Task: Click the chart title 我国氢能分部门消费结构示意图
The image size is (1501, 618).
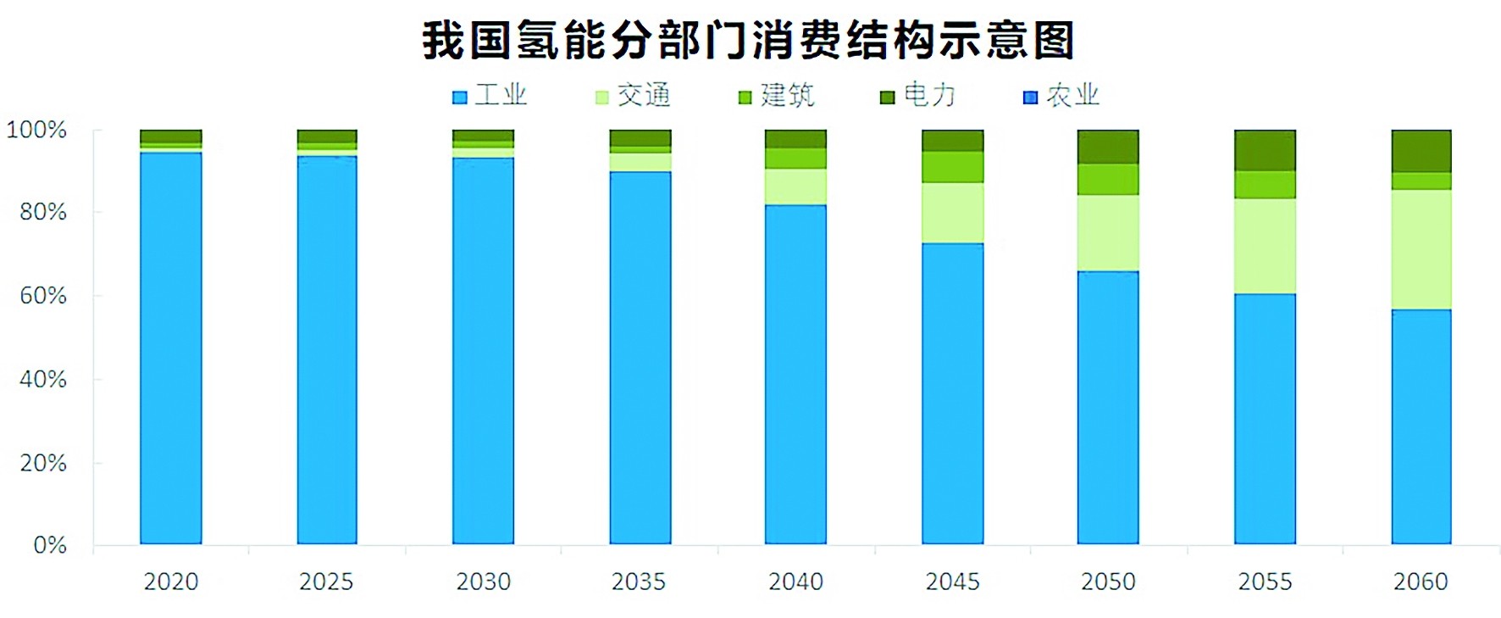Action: point(749,40)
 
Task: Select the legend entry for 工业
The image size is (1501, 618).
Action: point(490,95)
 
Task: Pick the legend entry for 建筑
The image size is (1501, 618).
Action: point(777,95)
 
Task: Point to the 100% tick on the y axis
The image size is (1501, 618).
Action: point(36,130)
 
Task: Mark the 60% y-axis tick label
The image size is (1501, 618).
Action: point(43,295)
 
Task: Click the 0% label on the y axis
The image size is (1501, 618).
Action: point(49,544)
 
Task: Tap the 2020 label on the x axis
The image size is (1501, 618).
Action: point(171,582)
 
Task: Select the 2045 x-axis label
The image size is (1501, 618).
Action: point(953,582)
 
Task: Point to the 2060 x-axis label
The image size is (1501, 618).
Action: point(1421,582)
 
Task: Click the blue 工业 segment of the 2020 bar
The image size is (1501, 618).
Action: point(171,348)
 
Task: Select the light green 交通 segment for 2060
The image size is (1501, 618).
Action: point(1421,249)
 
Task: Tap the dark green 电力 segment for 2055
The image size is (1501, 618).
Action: point(1265,150)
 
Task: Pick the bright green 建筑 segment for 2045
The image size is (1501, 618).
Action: point(953,167)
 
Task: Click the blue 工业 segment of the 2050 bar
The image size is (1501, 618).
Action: point(1108,407)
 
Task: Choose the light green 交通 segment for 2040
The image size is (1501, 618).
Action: point(795,187)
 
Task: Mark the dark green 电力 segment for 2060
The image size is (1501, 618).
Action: point(1421,151)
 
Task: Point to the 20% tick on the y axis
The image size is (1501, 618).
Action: point(43,462)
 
